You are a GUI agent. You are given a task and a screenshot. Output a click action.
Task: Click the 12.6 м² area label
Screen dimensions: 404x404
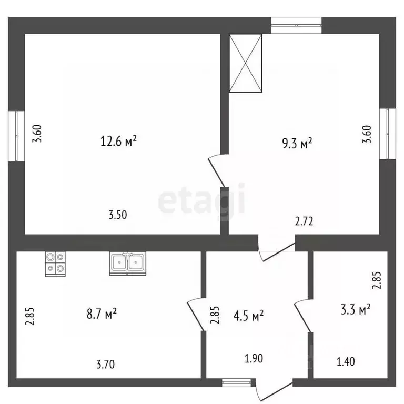118,141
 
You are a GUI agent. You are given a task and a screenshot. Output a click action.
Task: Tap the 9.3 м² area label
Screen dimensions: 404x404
297,143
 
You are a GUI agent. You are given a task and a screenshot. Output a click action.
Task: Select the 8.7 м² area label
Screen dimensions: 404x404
102,314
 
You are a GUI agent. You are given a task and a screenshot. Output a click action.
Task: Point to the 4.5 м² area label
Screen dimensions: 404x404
248,316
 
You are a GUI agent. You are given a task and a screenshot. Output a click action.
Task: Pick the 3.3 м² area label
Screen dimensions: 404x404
356,309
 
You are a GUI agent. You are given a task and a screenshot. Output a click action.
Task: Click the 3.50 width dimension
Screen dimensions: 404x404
118,215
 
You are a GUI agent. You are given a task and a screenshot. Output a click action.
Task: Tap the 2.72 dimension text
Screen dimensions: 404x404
304,221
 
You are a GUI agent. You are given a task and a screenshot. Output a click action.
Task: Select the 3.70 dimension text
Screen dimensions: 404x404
106,365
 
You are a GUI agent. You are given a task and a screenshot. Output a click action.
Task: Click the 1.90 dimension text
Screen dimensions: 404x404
254,359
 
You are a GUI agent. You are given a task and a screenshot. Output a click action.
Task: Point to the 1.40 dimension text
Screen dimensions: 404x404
346,362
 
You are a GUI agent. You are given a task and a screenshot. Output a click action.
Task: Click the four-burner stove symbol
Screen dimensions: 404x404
55,264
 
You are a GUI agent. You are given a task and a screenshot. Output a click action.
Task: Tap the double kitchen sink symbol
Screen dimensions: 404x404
127,264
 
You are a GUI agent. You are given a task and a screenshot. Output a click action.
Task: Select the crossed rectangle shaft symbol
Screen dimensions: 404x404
246,63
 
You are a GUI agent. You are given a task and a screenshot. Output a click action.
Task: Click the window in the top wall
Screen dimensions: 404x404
297,25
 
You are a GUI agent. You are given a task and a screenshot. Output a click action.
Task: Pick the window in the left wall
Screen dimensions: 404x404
16,136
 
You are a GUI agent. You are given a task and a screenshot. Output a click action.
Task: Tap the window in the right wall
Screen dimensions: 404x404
388,134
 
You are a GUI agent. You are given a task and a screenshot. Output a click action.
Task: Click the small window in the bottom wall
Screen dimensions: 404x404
237,383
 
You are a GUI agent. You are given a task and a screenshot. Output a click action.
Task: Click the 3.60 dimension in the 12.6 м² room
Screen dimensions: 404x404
37,134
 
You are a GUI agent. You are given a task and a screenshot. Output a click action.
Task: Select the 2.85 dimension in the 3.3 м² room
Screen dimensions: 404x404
377,280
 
